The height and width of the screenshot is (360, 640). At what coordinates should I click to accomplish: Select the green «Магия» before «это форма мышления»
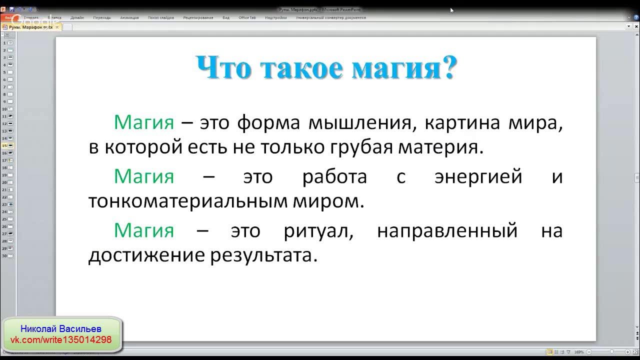click(x=144, y=122)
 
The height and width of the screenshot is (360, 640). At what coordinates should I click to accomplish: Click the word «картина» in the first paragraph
click(x=463, y=122)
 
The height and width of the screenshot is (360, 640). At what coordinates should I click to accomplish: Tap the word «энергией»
click(x=478, y=176)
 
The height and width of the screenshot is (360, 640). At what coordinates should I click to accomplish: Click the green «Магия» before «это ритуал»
click(x=144, y=230)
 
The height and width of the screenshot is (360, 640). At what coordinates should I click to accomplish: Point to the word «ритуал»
click(x=318, y=230)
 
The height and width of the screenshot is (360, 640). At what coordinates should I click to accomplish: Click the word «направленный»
click(x=447, y=230)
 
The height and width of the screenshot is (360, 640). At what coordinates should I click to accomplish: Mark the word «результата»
click(x=263, y=255)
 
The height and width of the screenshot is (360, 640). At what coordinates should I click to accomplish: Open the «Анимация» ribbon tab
click(x=129, y=17)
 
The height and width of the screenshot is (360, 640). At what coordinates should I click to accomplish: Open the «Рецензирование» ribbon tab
click(x=198, y=17)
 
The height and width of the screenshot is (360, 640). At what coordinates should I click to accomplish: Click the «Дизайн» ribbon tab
click(x=77, y=17)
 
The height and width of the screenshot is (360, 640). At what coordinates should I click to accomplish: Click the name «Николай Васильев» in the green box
click(x=61, y=329)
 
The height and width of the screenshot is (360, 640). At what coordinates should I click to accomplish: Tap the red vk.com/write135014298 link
click(x=61, y=340)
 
